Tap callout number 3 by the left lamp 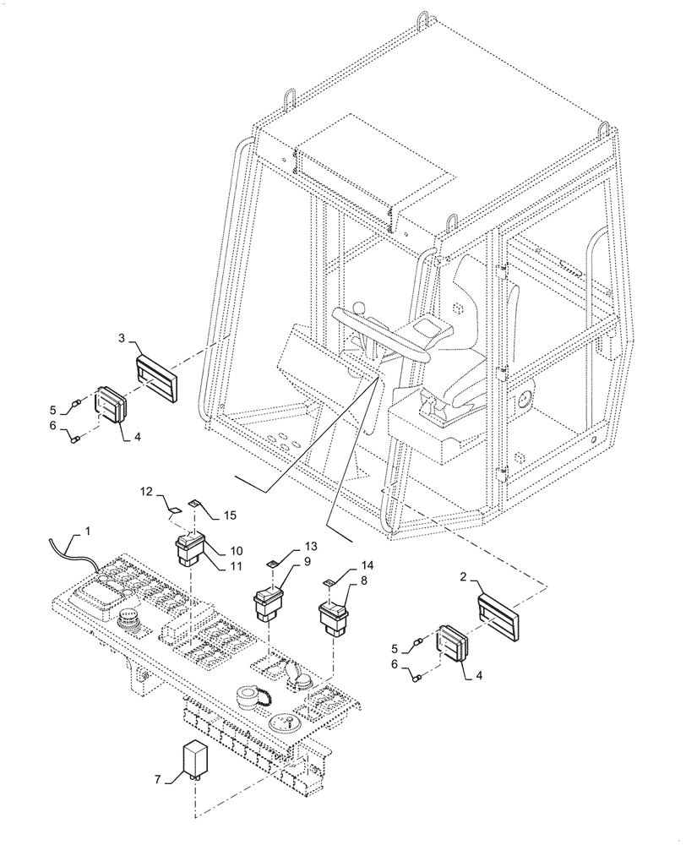click(122, 339)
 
